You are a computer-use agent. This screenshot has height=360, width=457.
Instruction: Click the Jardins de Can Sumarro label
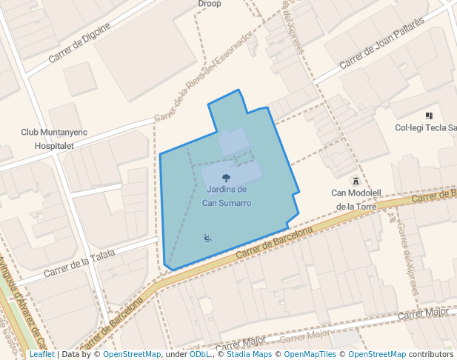pos(227,196)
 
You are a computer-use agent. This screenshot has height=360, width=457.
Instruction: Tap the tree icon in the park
pos(226,178)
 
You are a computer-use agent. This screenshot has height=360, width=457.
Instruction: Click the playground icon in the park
pos(207,238)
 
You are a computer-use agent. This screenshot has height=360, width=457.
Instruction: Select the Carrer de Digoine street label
pos(79,44)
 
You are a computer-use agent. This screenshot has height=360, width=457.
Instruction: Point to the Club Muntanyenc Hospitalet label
pos(54,139)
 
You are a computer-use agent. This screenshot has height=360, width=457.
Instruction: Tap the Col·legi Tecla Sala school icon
pos(429,116)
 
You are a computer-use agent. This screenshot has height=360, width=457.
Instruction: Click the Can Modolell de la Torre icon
pos(356,181)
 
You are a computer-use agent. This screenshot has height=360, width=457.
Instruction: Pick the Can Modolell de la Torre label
pos(356,199)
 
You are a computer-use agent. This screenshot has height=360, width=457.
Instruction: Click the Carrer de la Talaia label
pos(79,263)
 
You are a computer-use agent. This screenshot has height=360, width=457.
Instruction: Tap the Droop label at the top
pos(210,4)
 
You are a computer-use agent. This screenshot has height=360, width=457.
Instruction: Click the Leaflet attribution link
pos(41,354)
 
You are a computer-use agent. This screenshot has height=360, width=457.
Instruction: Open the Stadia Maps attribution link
pos(250,354)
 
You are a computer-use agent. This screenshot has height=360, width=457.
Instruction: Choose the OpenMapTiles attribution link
pos(312,354)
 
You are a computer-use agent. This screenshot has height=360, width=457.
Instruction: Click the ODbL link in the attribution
pos(200,354)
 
